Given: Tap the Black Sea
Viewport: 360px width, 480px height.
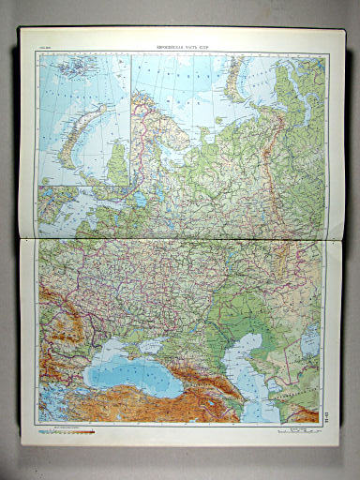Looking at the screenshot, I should [x=131, y=374].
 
